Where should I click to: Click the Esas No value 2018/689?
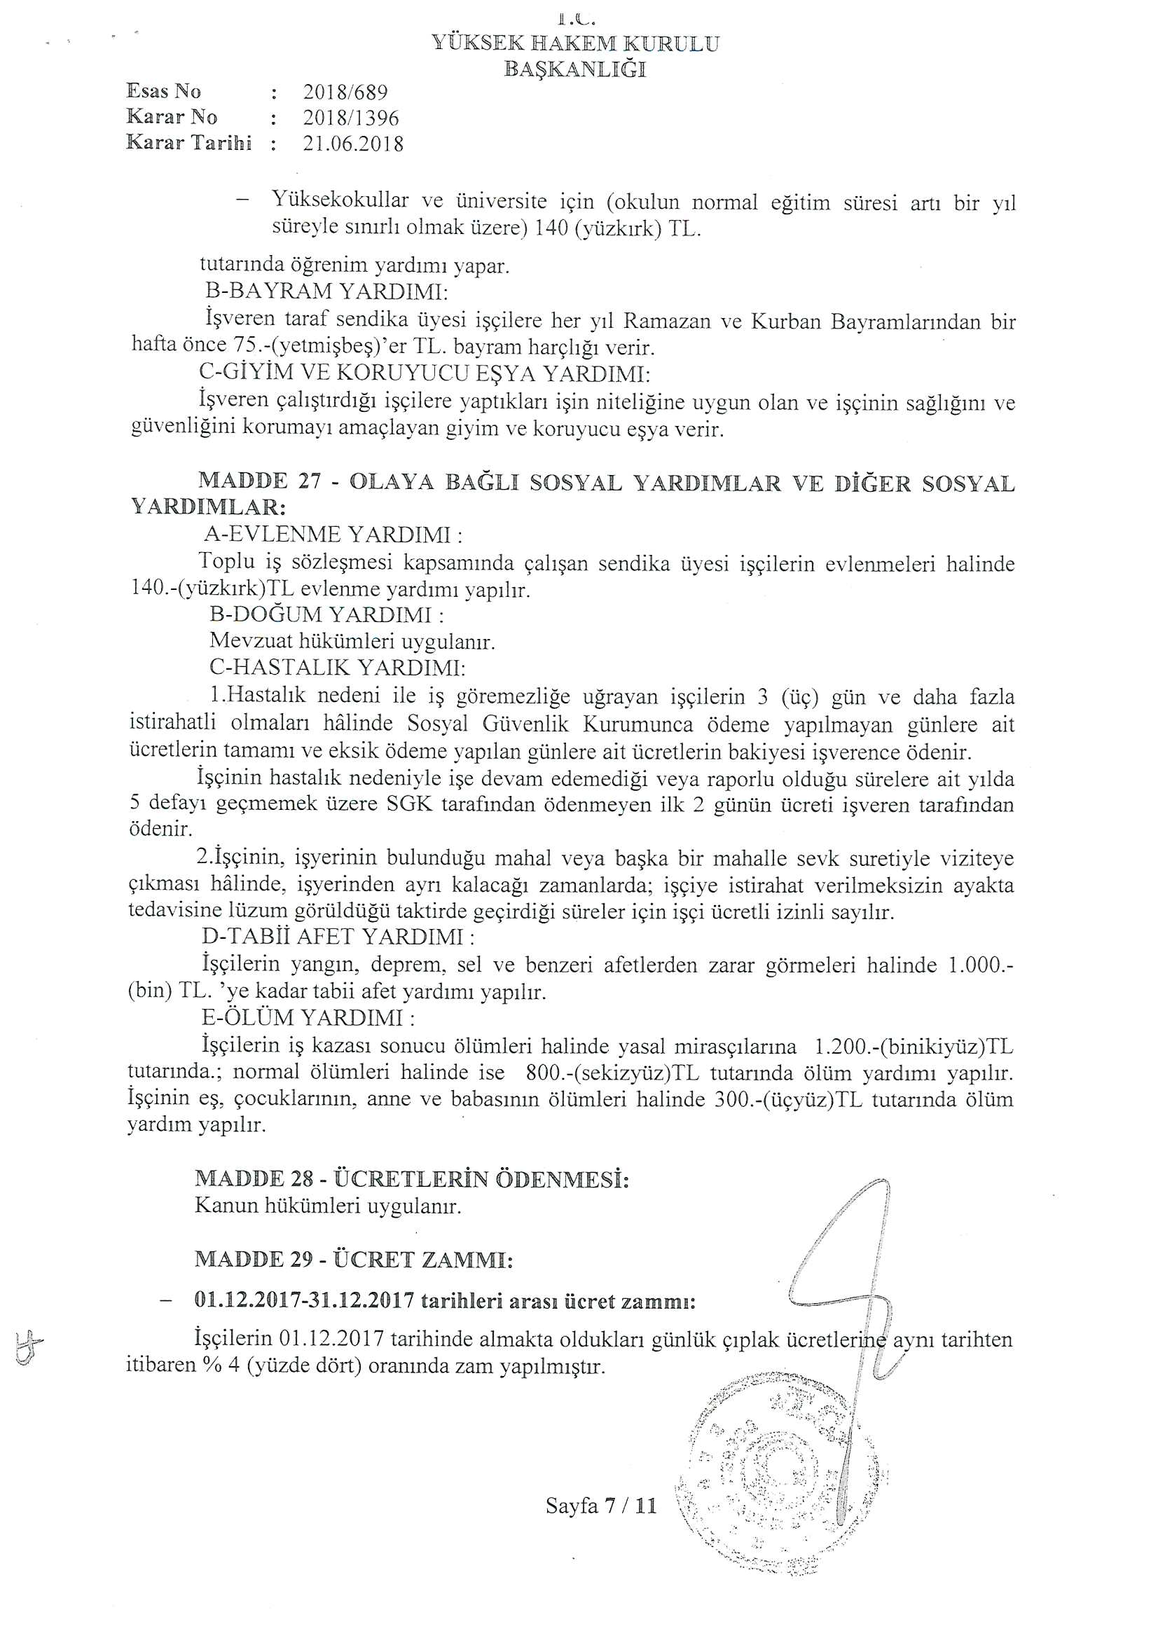click(x=345, y=92)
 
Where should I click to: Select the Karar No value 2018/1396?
click(x=350, y=118)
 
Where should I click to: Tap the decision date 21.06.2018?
click(x=353, y=144)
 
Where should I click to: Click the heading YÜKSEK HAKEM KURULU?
click(x=575, y=43)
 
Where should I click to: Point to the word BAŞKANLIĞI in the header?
click(x=575, y=69)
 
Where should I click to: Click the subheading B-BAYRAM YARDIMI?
click(x=326, y=291)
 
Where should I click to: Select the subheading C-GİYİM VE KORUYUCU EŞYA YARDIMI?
click(x=424, y=373)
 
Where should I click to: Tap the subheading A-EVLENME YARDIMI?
click(x=333, y=535)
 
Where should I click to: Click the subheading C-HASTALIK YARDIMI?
click(x=338, y=668)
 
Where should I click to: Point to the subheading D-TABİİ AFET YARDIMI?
click(x=339, y=937)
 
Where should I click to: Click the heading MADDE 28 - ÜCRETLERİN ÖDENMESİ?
click(x=412, y=1179)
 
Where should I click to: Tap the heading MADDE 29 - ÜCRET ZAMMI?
click(x=354, y=1260)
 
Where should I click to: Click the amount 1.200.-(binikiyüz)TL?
click(x=914, y=1047)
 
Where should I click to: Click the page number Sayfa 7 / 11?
click(x=601, y=1506)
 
